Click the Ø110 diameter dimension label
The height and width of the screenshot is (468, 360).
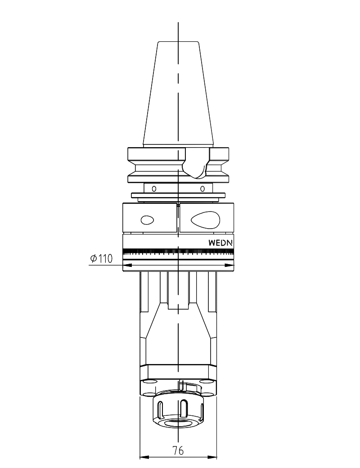coord(102,258)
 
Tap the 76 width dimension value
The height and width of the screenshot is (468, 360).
coord(178,450)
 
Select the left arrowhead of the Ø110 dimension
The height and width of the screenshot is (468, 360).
coord(127,265)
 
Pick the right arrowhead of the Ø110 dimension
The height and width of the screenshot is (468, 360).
coord(229,265)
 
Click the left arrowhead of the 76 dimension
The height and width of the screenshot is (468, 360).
coord(144,457)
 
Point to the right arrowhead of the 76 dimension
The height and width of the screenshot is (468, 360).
coord(212,457)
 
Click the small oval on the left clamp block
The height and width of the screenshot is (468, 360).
coord(147,220)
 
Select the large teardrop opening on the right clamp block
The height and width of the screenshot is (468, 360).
coord(205,220)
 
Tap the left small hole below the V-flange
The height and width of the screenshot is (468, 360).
coord(154,189)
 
